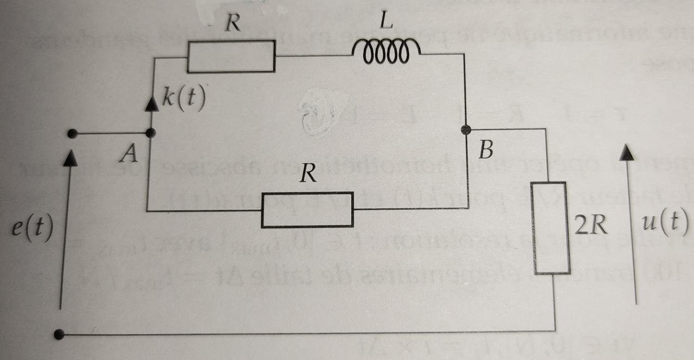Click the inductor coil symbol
[385, 50]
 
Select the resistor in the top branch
[231, 56]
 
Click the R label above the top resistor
[234, 24]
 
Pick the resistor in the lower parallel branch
[307, 210]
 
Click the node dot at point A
[151, 132]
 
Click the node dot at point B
[465, 130]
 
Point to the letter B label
[486, 150]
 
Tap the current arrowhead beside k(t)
[152, 104]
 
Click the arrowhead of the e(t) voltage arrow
[70, 158]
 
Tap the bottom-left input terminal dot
[60, 335]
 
